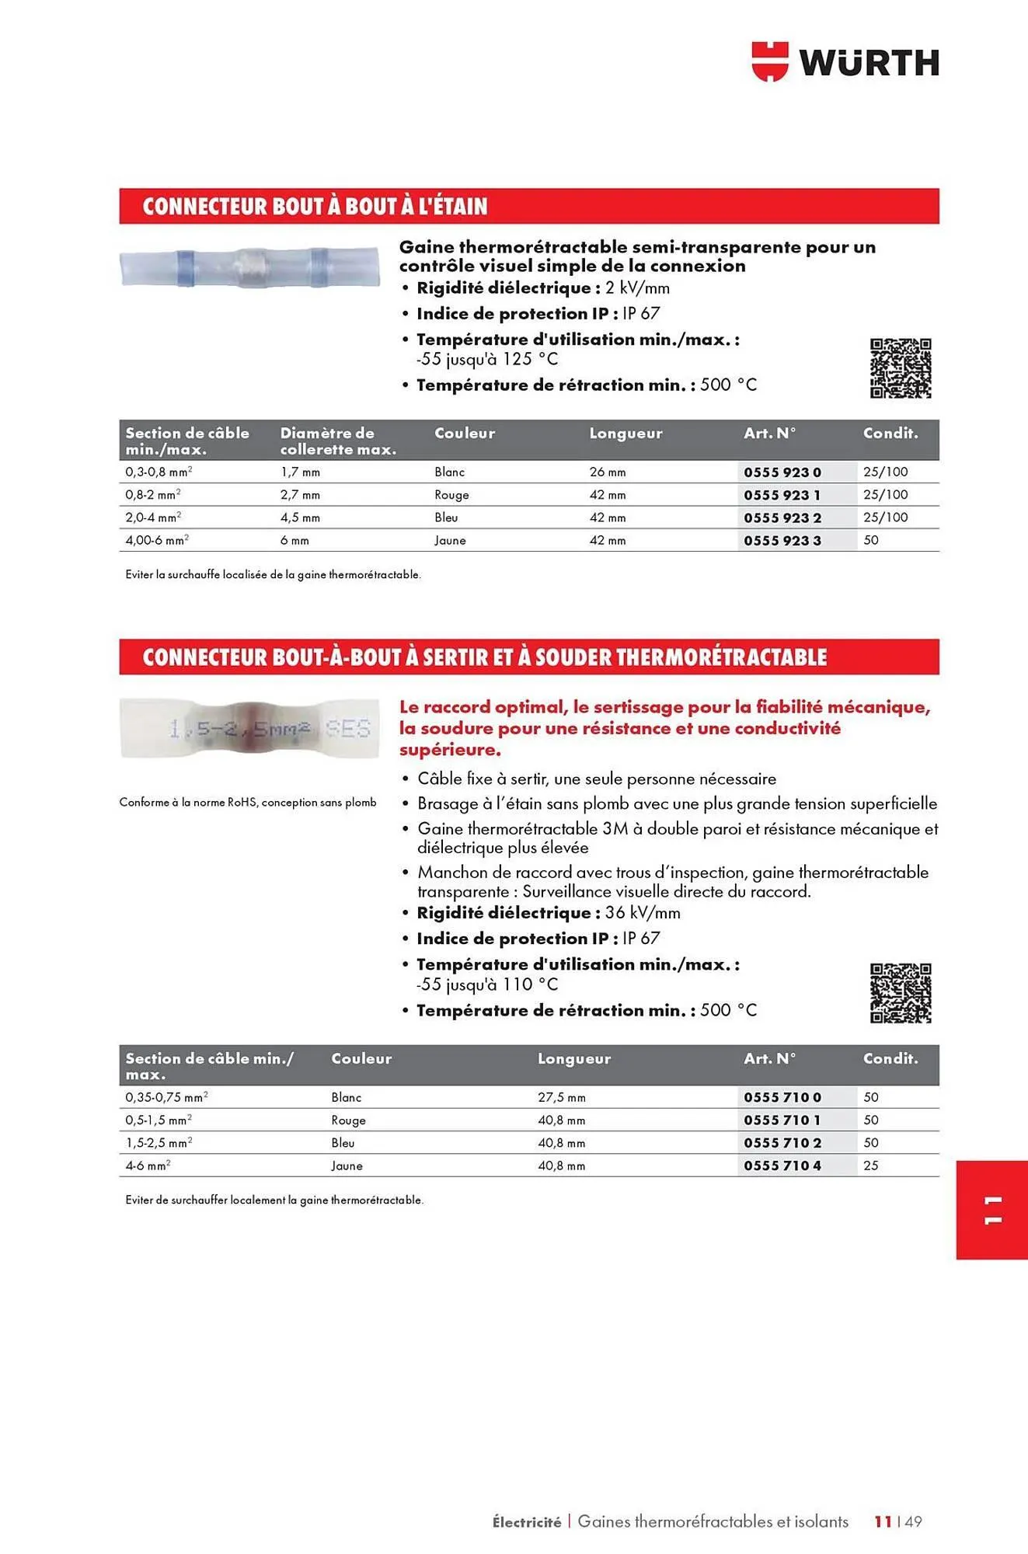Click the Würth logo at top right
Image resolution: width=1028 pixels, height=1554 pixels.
click(x=845, y=61)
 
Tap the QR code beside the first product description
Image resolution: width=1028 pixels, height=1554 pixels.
click(x=900, y=368)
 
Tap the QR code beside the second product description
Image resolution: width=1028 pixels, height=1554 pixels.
click(x=900, y=993)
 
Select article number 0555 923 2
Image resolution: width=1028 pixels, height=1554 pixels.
click(x=782, y=517)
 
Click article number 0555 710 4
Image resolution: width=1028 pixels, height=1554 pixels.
click(x=782, y=1165)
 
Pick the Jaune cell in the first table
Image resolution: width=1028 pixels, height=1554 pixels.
click(x=450, y=540)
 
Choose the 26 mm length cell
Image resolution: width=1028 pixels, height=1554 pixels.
click(x=607, y=472)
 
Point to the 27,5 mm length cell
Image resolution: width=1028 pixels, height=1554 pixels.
click(x=561, y=1097)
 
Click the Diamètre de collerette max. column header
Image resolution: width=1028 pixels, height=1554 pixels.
click(x=337, y=441)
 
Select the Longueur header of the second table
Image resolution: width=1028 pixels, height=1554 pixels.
click(x=573, y=1058)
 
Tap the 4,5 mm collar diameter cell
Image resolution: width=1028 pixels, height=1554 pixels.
click(x=300, y=517)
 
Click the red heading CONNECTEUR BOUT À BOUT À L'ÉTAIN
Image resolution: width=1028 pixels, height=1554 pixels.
click(x=315, y=207)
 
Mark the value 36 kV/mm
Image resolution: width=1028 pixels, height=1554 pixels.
click(x=642, y=913)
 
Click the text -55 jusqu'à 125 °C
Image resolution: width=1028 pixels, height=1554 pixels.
click(x=486, y=359)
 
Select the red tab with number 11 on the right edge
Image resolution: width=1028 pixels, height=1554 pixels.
click(x=991, y=1210)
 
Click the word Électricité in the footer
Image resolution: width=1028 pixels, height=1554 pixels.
click(x=526, y=1522)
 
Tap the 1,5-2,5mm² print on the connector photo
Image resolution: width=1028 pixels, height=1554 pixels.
click(x=239, y=729)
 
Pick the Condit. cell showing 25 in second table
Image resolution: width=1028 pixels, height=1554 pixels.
click(x=870, y=1165)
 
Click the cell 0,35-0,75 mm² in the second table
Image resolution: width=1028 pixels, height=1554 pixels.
click(x=166, y=1097)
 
